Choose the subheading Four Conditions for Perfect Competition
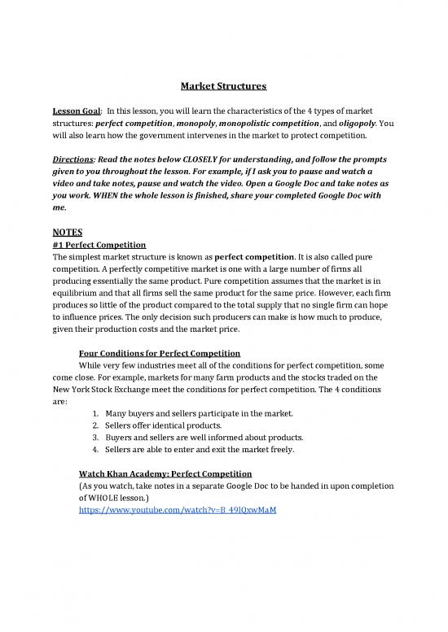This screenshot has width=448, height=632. (x=159, y=353)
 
